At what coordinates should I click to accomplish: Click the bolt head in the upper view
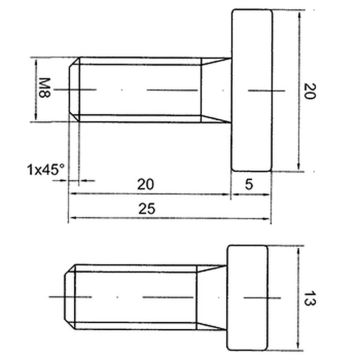click(253, 90)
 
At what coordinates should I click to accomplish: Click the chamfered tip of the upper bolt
click(74, 90)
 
